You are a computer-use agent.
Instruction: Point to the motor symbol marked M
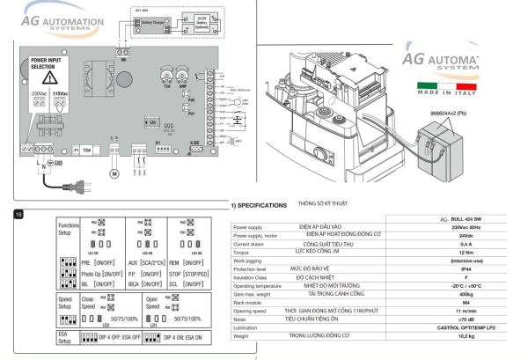tap(112, 173)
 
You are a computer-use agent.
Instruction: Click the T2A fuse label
tap(87, 151)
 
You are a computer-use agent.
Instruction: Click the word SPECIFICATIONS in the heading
tap(262, 204)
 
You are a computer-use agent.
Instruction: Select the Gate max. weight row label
tap(254, 297)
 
